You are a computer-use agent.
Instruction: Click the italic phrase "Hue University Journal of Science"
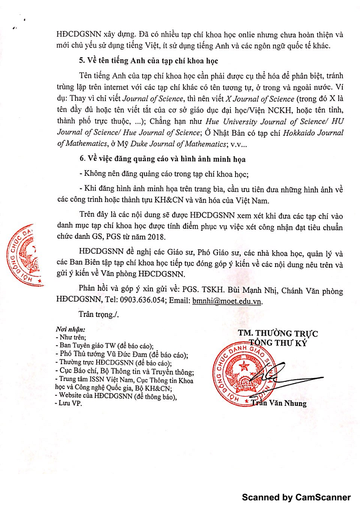pos(254,122)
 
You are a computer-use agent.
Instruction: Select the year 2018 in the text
pos(158,236)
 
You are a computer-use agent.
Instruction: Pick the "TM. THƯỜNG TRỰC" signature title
pos(278,334)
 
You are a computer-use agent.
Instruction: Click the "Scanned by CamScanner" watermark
pos(296,498)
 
